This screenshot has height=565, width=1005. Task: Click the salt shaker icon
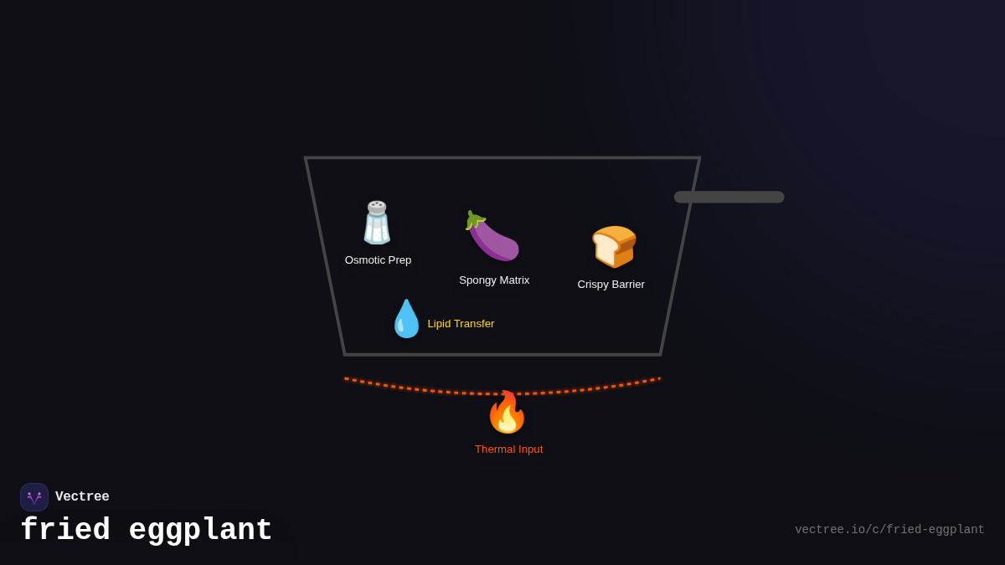pos(377,223)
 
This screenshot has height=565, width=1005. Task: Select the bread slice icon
pos(614,246)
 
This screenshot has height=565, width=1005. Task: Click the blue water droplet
pos(406,320)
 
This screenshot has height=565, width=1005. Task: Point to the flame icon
pos(507,413)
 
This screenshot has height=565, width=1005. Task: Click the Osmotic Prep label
pos(378,260)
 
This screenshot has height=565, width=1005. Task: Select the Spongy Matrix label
pos(494,280)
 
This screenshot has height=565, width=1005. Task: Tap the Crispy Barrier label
pos(611,285)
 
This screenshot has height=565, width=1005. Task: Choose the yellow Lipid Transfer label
pos(461,324)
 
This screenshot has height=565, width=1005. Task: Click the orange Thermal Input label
pos(508,449)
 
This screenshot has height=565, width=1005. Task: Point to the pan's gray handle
pos(729,197)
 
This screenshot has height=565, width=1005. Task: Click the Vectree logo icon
pos(34,497)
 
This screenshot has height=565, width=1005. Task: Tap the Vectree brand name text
pos(82,497)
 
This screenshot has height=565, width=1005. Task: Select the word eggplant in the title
pos(200,531)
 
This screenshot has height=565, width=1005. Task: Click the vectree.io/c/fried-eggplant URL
pos(889,530)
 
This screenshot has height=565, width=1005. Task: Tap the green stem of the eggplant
pos(475,220)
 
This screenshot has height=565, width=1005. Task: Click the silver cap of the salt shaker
pos(377,207)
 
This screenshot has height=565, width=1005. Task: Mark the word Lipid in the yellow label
pos(440,324)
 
